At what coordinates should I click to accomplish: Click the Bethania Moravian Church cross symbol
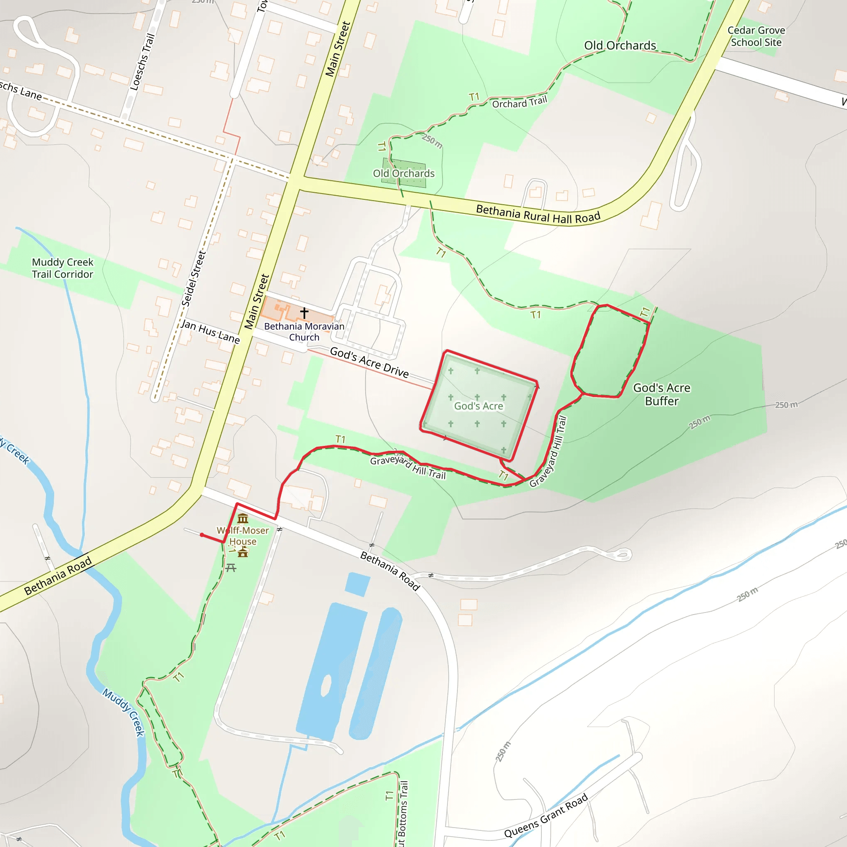coord(304,313)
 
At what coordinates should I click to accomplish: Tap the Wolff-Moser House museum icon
coord(243,519)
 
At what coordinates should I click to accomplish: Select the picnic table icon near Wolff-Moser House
coord(231,568)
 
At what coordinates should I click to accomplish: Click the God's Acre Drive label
coord(369,363)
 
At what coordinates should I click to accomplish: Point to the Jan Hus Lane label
coord(210,331)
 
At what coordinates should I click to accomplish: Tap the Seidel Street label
coord(193,278)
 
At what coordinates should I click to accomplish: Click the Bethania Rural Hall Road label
coord(538,214)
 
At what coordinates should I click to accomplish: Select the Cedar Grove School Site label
coord(756,36)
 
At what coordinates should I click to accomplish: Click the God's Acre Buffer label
coord(662,394)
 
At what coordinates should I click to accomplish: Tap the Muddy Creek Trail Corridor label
coord(63,268)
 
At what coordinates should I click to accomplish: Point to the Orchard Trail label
coord(519,103)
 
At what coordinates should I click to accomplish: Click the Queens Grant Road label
coord(546,816)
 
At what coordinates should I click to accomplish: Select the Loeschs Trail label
coord(143,62)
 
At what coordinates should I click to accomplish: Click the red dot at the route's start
coord(202,535)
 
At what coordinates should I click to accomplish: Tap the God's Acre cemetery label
coord(479,406)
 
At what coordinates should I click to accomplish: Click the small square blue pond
coord(357,584)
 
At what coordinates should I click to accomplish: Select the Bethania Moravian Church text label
coord(304,331)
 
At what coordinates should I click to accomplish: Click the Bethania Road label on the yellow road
coord(58,576)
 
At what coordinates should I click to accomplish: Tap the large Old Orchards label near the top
coord(620,45)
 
